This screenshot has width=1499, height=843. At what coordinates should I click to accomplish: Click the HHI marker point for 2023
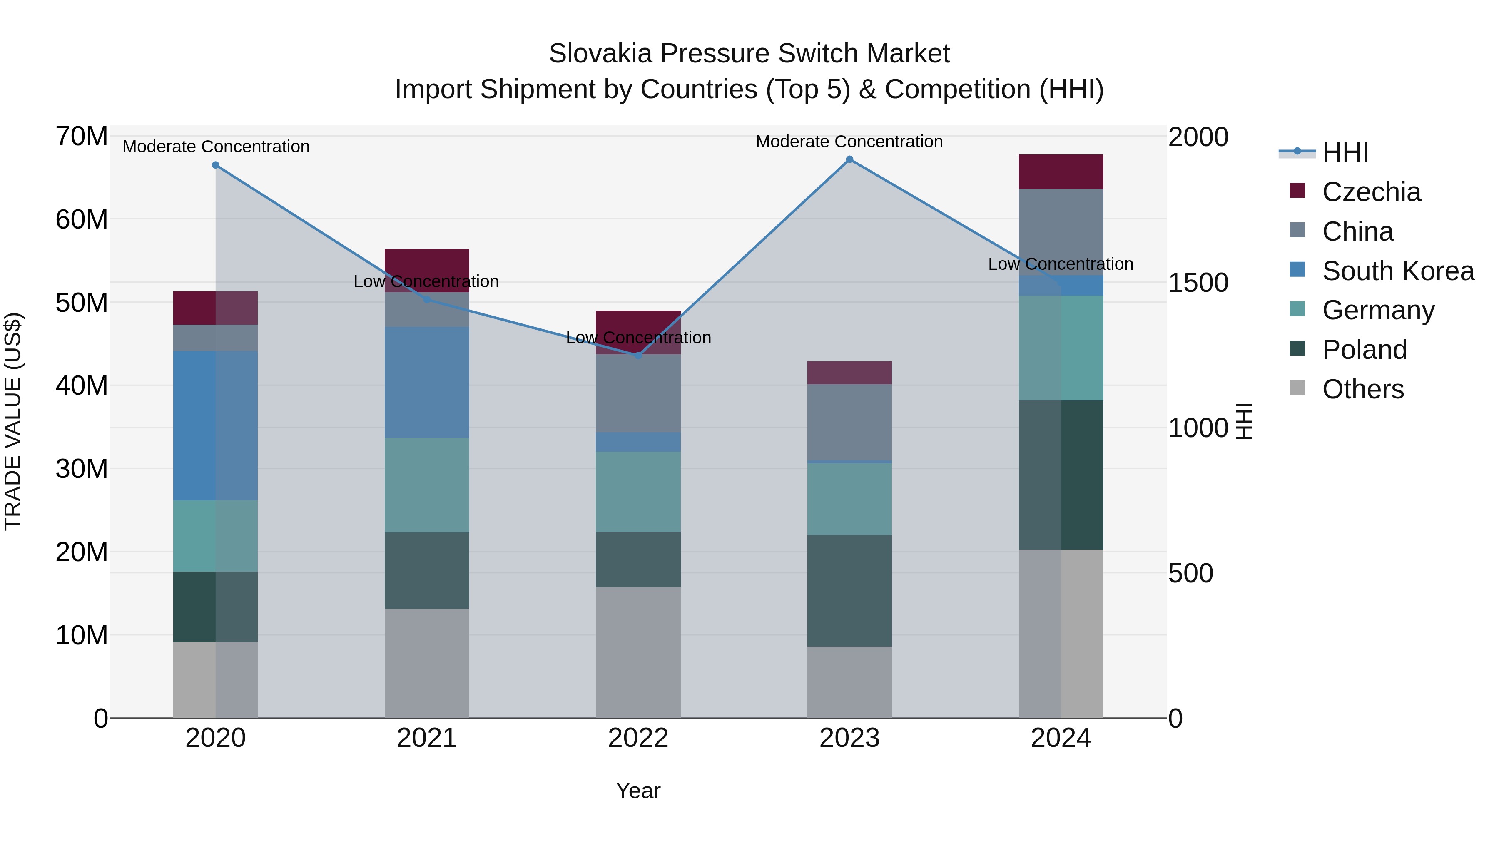(x=849, y=159)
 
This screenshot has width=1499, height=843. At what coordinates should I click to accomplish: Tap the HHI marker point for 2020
(x=215, y=165)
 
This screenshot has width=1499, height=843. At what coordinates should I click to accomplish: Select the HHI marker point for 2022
(x=638, y=356)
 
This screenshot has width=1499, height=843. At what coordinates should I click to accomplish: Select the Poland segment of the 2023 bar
(x=849, y=590)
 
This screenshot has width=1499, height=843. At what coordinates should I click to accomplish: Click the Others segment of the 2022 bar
(x=638, y=652)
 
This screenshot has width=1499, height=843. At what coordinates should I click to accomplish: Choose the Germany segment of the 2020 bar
(x=215, y=536)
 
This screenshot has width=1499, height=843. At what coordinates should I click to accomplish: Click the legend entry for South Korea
(x=1398, y=271)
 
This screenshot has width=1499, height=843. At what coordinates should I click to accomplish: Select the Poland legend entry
(x=1364, y=350)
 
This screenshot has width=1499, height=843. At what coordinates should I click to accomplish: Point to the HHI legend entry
(x=1345, y=152)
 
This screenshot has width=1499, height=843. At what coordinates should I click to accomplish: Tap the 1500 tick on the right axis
(x=1198, y=283)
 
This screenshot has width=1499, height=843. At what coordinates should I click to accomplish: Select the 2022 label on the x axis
(x=638, y=738)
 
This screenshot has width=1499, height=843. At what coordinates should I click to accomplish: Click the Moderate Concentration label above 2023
(x=849, y=142)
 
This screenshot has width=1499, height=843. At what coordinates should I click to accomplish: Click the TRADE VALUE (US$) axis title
(x=13, y=421)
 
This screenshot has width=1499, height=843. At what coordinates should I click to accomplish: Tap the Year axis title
(x=638, y=791)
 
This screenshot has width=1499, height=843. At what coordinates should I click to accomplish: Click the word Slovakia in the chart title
(x=600, y=54)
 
